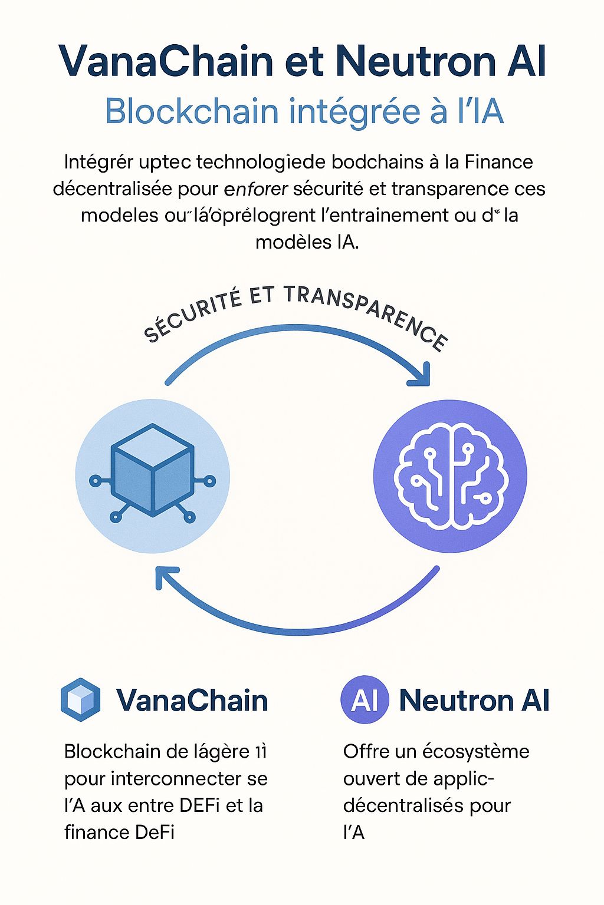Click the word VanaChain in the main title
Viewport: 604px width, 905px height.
pos(166,61)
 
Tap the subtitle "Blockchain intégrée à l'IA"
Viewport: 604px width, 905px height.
pos(304,111)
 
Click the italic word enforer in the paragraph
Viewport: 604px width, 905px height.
pos(256,189)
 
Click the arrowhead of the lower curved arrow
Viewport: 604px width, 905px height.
pos(166,577)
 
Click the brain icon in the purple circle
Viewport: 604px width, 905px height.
pos(451,476)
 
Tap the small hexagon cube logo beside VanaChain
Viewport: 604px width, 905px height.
pos(80,700)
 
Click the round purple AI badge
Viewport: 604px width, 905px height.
pos(365,700)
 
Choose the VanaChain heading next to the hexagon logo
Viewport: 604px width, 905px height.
pos(192,700)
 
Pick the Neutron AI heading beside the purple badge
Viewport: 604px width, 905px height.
pos(474,700)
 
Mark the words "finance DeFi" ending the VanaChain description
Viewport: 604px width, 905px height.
pos(120,832)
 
